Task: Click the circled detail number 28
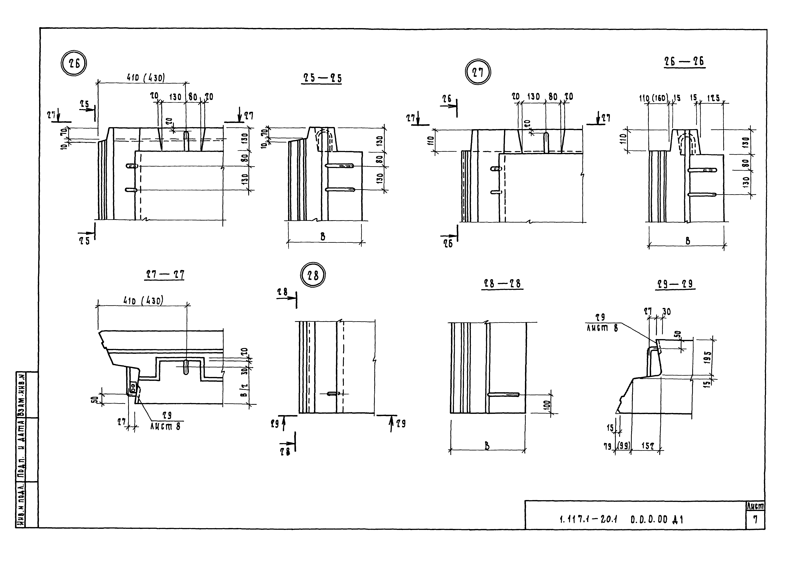click(x=313, y=275)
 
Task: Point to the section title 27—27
click(x=164, y=275)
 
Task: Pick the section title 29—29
click(x=675, y=284)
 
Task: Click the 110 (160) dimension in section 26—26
click(x=653, y=98)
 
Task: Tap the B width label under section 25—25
click(x=323, y=237)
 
